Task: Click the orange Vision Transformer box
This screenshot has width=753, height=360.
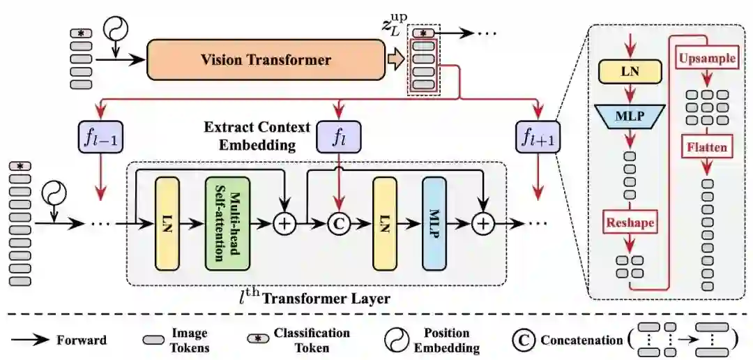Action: pyautogui.click(x=266, y=60)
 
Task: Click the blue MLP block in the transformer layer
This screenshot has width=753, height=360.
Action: pyautogui.click(x=432, y=223)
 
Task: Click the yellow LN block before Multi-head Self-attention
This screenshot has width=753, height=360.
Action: pyautogui.click(x=166, y=223)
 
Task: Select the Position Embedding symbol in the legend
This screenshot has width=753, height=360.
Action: pyautogui.click(x=397, y=340)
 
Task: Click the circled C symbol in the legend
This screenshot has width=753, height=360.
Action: pyautogui.click(x=522, y=340)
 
